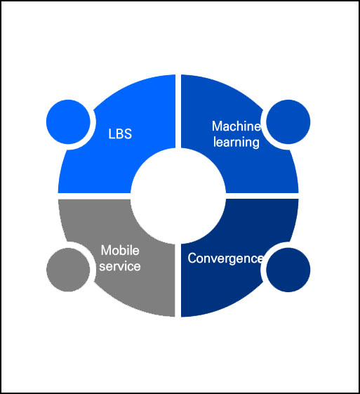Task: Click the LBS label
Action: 120,133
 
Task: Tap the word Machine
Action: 236,126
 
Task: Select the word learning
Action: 236,142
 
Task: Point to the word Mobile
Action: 120,250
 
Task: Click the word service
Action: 120,266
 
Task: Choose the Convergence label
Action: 225,258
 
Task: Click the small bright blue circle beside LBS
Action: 68,122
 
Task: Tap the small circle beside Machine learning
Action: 288,122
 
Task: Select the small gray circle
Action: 68,270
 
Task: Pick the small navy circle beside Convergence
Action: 288,270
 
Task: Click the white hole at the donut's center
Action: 178,196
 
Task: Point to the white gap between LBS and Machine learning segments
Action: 178,111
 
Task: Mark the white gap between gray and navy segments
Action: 178,280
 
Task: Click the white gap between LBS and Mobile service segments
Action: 94,196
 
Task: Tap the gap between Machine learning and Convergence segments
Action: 262,196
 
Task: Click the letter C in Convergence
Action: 192,258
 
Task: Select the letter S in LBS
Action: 128,134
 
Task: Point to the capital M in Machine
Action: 217,126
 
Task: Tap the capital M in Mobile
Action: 106,250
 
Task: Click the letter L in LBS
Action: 111,134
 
